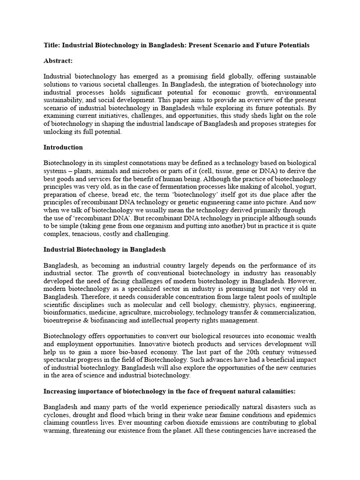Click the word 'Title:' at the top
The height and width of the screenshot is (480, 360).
tap(52, 45)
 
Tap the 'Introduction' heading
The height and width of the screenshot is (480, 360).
tap(63, 147)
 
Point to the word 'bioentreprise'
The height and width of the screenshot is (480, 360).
tap(63, 321)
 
